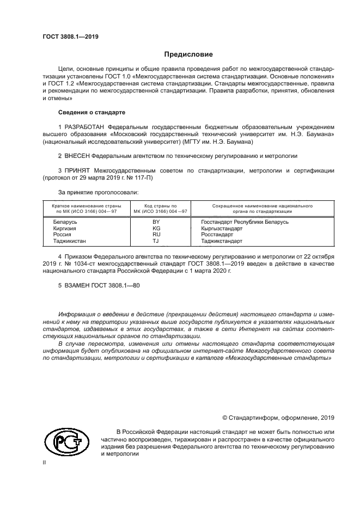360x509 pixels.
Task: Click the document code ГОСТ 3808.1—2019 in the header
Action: [70, 37]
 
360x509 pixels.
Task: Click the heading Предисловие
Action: [188, 54]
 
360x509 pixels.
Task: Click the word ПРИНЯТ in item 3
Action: [77, 170]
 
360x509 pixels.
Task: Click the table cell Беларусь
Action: [65, 222]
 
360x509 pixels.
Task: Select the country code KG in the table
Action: [156, 228]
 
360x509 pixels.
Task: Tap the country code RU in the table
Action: [156, 234]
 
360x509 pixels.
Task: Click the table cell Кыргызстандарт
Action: [221, 228]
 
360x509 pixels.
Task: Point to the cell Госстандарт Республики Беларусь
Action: [245, 222]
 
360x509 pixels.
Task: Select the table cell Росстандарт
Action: [217, 234]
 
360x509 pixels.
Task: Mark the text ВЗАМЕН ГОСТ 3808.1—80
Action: [102, 285]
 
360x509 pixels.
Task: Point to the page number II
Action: [45, 462]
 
